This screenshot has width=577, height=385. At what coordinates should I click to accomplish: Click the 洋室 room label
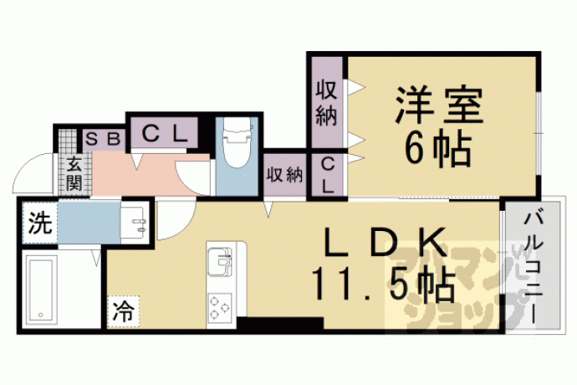pyautogui.click(x=439, y=105)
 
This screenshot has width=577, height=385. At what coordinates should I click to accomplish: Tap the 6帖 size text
pyautogui.click(x=438, y=150)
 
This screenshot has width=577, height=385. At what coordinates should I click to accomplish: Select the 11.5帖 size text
pyautogui.click(x=384, y=285)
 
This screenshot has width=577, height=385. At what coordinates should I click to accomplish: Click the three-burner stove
pyautogui.click(x=220, y=308)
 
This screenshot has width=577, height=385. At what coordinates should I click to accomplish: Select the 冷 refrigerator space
pyautogui.click(x=124, y=311)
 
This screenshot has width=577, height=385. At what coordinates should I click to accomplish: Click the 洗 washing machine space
pyautogui.click(x=40, y=223)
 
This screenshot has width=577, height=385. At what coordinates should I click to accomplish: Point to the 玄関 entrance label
pyautogui.click(x=74, y=173)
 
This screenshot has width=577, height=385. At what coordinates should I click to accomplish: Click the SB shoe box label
pyautogui.click(x=104, y=139)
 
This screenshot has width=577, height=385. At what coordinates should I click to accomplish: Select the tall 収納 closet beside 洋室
pyautogui.click(x=327, y=102)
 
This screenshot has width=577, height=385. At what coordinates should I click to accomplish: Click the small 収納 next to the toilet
pyautogui.click(x=285, y=175)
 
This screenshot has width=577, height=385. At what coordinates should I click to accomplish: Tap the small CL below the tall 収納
pyautogui.click(x=328, y=176)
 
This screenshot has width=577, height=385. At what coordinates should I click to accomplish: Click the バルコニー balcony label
pyautogui.click(x=534, y=268)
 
